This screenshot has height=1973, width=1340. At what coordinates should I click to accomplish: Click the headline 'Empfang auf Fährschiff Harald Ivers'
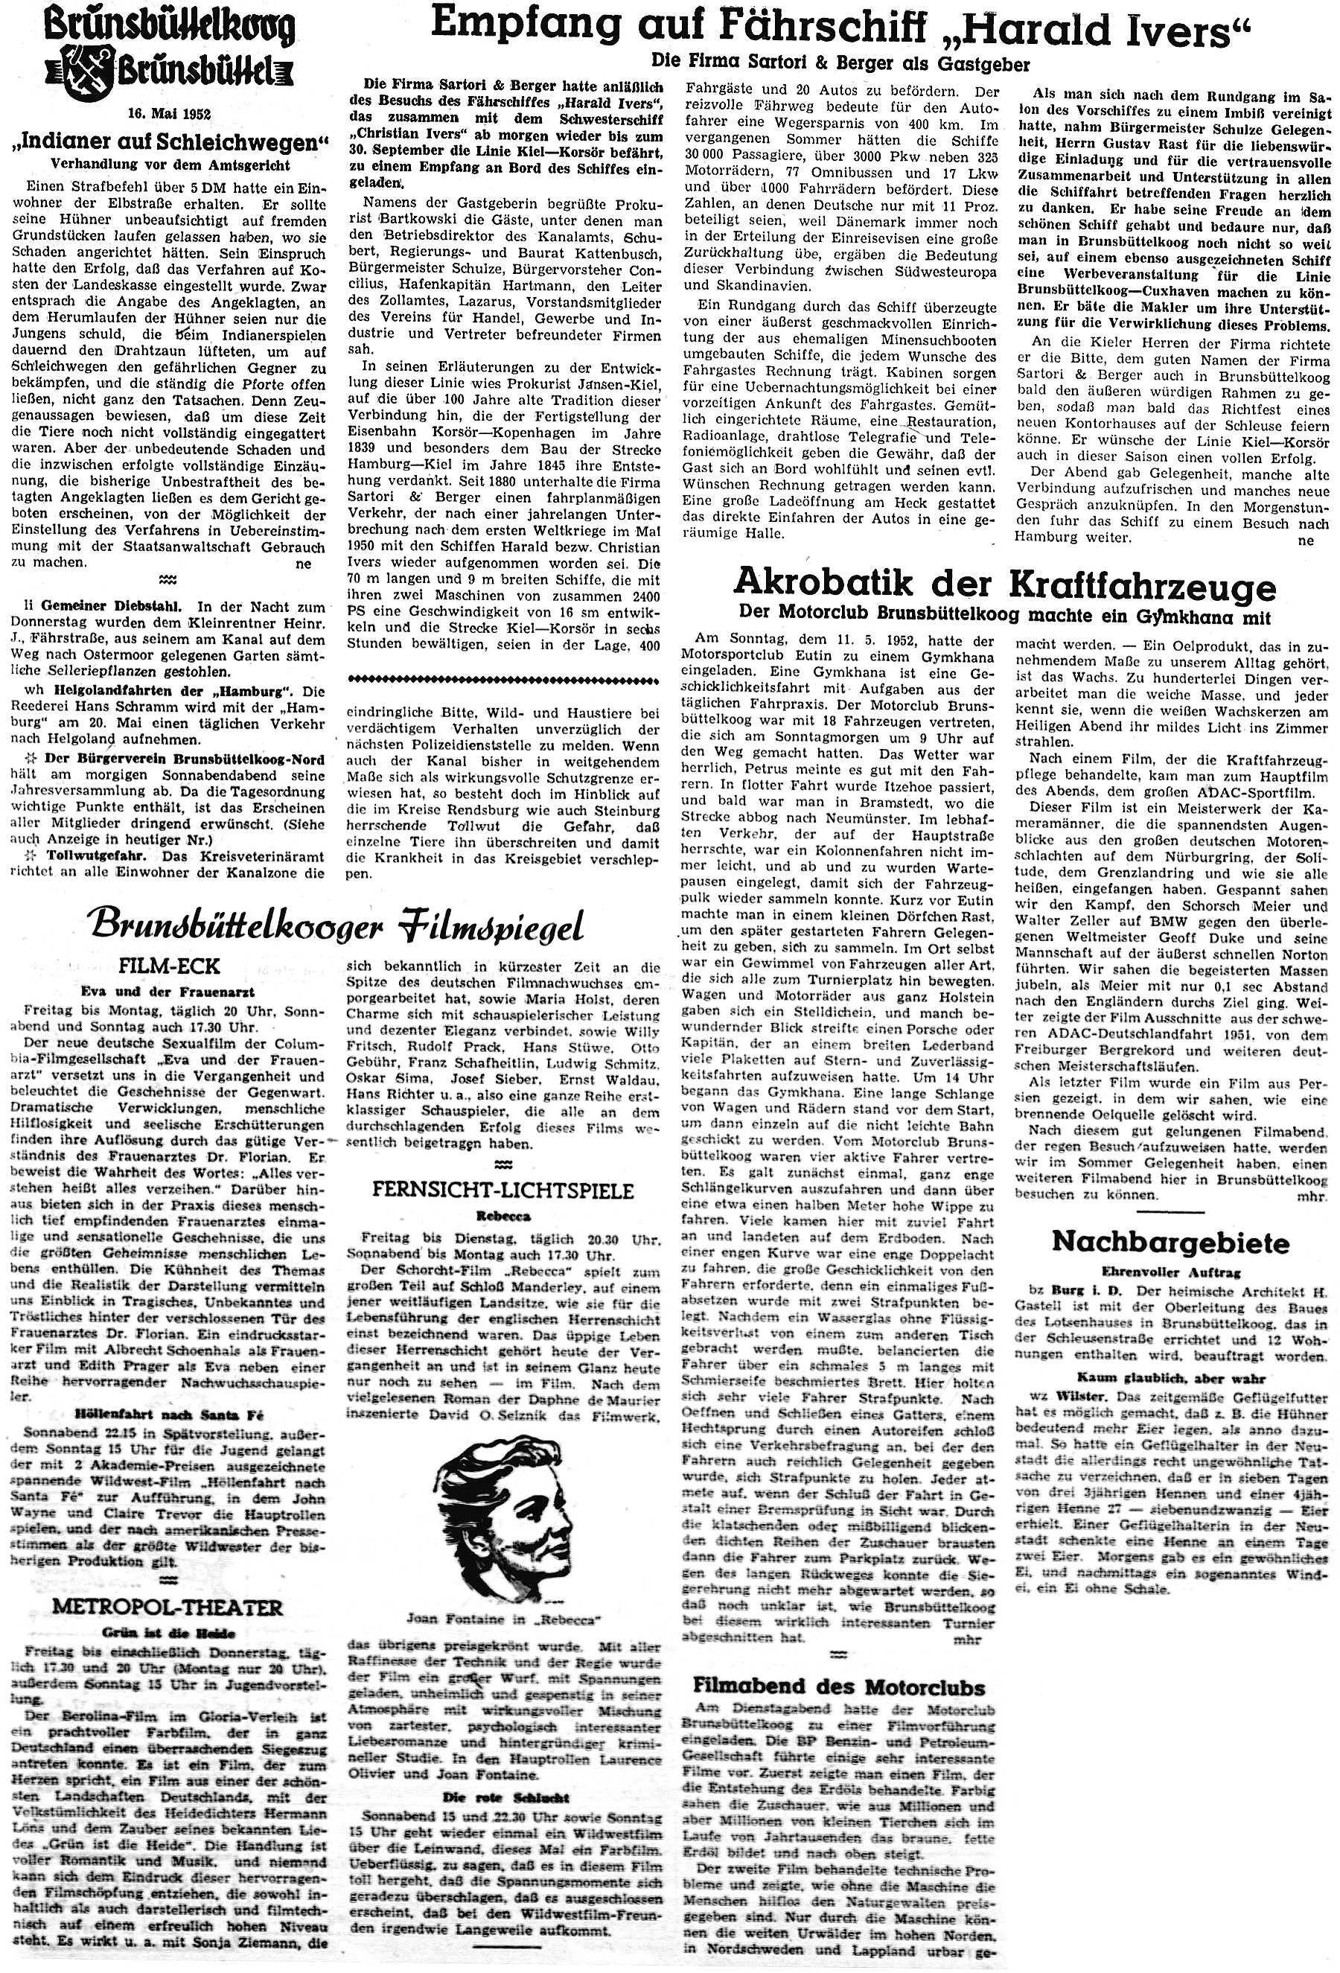(x=841, y=30)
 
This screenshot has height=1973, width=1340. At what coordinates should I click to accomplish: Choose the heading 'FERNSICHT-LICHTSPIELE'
(x=503, y=1191)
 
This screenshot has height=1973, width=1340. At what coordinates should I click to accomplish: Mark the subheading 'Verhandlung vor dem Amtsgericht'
(x=170, y=165)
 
